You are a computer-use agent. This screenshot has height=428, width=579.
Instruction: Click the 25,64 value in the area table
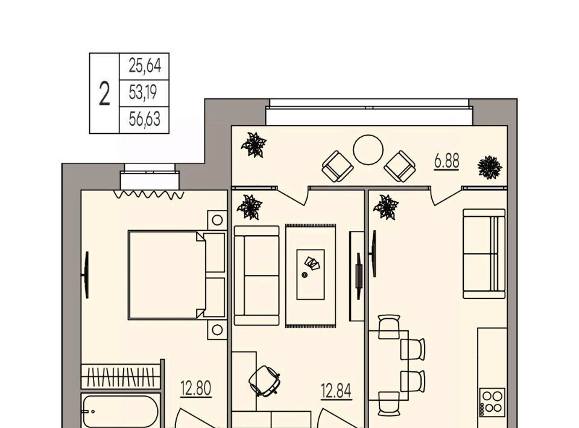(145, 66)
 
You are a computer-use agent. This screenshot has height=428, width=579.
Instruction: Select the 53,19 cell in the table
(143, 92)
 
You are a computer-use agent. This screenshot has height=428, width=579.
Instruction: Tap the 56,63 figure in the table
(144, 119)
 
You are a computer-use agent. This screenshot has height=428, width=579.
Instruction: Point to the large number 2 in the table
(104, 94)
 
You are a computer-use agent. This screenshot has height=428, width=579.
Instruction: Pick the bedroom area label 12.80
(195, 389)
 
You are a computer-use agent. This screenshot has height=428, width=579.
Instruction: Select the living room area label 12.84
(336, 391)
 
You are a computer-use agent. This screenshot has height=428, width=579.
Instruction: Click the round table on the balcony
(368, 149)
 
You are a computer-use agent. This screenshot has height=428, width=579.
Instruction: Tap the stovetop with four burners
(493, 402)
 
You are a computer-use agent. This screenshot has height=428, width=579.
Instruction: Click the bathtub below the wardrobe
(121, 411)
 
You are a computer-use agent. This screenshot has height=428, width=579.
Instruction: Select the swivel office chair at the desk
(264, 381)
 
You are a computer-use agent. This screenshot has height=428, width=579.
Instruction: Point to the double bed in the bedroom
(177, 275)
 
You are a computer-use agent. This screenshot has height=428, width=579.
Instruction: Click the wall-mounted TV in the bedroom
(86, 275)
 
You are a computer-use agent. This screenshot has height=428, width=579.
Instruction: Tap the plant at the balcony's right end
(490, 167)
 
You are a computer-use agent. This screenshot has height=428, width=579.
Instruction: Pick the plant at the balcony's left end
(254, 145)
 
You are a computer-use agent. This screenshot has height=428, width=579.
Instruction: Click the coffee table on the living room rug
(311, 274)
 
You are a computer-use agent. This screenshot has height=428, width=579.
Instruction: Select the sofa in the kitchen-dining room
(484, 254)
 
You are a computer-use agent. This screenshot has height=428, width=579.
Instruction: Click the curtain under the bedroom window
(149, 195)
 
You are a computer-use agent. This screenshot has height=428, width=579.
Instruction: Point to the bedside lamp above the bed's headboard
(217, 220)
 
